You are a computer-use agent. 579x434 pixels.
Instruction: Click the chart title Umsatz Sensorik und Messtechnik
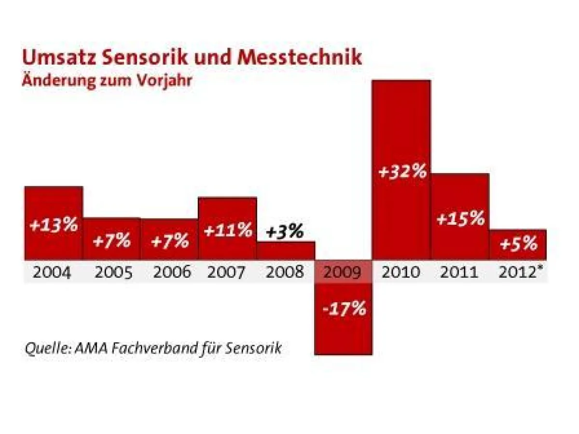(192, 57)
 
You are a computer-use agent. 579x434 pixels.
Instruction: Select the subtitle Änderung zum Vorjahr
(107, 81)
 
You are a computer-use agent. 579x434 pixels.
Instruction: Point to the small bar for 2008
(286, 250)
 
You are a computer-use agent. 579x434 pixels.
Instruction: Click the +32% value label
(402, 172)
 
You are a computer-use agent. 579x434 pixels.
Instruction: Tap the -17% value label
(344, 308)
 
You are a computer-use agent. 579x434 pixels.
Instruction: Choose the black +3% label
(285, 232)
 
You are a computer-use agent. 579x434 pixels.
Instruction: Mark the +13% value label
(54, 225)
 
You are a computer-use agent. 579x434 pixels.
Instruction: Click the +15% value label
(460, 218)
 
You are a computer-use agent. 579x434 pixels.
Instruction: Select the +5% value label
(518, 244)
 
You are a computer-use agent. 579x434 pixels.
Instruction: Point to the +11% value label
(228, 230)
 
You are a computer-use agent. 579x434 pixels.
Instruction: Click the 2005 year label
(113, 272)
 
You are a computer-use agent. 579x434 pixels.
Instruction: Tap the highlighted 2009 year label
(343, 272)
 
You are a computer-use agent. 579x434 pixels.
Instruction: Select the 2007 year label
(227, 272)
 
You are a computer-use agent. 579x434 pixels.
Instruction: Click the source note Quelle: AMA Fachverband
(153, 347)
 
